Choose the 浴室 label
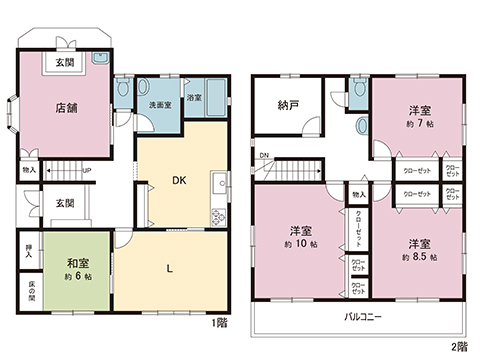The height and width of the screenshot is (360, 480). coord(196,98)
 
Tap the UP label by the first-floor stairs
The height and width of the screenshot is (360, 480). coord(86,170)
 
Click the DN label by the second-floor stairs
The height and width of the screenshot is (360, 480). coord(264,155)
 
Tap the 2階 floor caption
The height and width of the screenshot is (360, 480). coord(458,346)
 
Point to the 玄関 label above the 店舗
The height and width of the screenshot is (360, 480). coord(65,63)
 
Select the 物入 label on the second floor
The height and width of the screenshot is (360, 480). coord(359,194)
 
